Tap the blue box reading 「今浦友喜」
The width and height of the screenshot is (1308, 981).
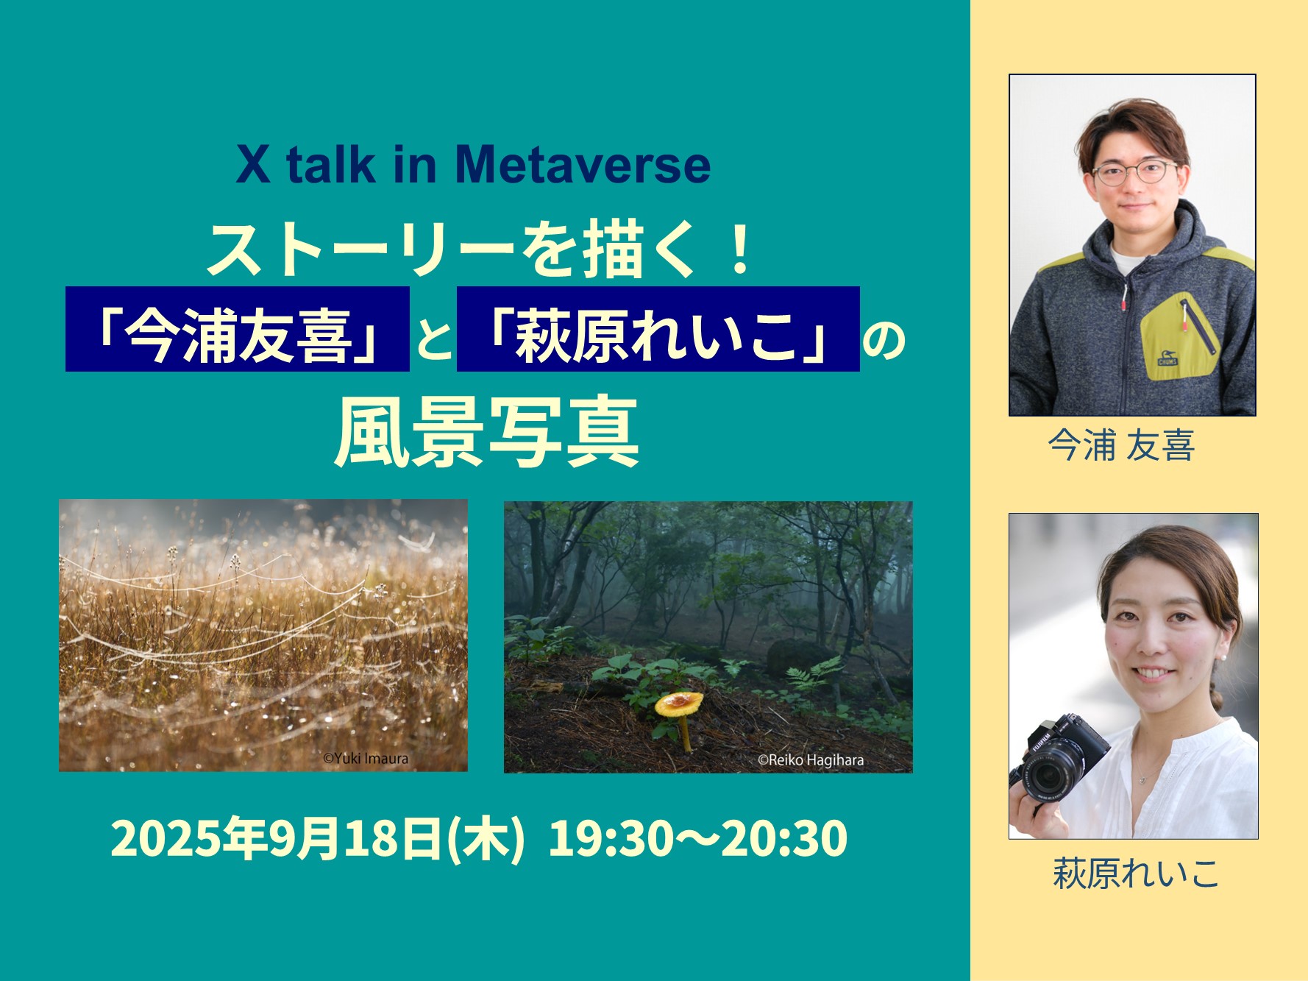pyautogui.click(x=238, y=329)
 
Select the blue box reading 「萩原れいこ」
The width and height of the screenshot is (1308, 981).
pyautogui.click(x=658, y=329)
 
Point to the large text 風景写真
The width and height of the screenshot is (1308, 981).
pyautogui.click(x=486, y=434)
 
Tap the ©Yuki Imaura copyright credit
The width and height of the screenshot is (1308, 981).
pyautogui.click(x=366, y=758)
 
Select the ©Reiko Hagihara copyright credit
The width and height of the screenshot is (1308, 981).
pyautogui.click(x=811, y=759)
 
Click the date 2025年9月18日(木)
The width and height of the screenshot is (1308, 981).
pyautogui.click(x=318, y=838)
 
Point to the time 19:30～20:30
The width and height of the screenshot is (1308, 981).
pyautogui.click(x=698, y=838)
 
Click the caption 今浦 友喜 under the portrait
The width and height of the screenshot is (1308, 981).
pyautogui.click(x=1121, y=445)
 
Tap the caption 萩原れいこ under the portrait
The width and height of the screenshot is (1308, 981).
pyautogui.click(x=1136, y=874)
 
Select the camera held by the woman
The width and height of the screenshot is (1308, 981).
pyautogui.click(x=1060, y=762)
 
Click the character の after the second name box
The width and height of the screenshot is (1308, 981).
pyautogui.click(x=883, y=341)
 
